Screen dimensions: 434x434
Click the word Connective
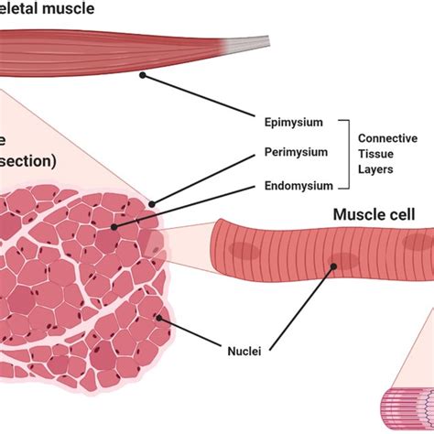point(388,137)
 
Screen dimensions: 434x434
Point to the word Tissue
point(375,153)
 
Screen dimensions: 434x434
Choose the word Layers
point(376,168)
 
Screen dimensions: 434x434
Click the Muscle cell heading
point(374,214)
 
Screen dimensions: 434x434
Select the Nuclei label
point(244,350)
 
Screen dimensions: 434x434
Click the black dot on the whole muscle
point(143,75)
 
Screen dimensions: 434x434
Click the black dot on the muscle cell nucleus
point(335,266)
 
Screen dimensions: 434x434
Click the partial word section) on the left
point(28,161)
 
